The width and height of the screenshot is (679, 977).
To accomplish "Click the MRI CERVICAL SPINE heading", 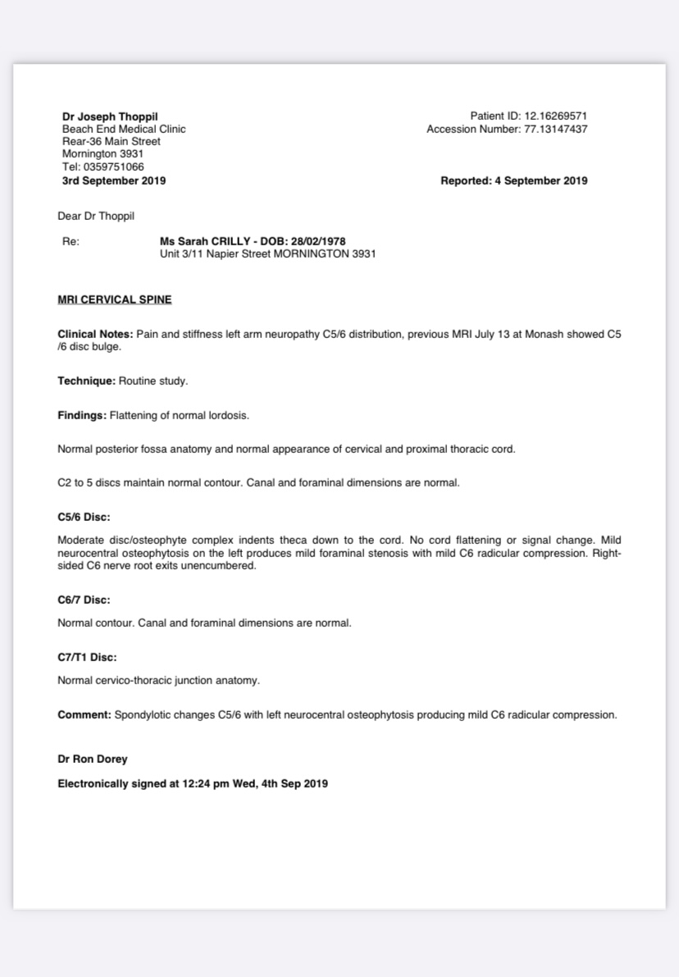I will [x=115, y=299].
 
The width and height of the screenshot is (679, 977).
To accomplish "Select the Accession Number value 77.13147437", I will [x=555, y=129].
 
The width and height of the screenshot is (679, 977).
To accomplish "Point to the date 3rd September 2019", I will [x=114, y=180].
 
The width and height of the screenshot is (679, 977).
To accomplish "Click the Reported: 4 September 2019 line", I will [x=513, y=180].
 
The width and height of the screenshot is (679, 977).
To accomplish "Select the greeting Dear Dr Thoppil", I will [x=96, y=217].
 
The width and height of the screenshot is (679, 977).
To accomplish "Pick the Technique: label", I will [x=86, y=381].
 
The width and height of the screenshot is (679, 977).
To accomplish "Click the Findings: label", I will [x=82, y=415].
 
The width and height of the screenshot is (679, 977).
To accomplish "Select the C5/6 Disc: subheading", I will [x=84, y=517].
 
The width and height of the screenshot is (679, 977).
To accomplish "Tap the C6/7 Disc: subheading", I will [x=84, y=600].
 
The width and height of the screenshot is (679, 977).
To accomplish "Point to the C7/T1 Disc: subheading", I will [x=87, y=657].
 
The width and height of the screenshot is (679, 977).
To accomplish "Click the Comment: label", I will [x=84, y=714].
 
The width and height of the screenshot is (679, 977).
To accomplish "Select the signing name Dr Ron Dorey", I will [x=93, y=759].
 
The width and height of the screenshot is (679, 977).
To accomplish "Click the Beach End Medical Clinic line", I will [x=124, y=129].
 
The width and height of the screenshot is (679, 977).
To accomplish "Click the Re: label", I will [x=71, y=242].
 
